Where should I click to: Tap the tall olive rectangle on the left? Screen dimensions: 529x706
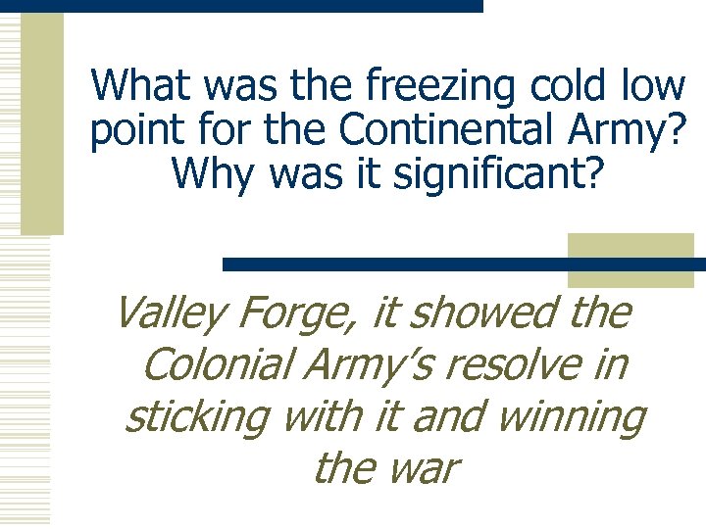(42, 122)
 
